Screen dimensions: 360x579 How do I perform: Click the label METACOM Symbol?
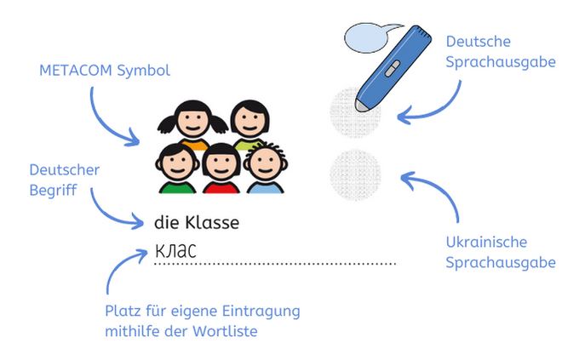click(105, 70)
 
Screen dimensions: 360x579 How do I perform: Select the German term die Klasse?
click(197, 223)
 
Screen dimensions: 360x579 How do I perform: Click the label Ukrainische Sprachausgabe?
click(501, 253)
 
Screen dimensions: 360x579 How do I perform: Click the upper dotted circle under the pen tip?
click(354, 111)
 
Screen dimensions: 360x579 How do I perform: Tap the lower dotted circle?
click(354, 174)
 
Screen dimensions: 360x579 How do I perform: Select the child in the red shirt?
click(220, 168)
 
